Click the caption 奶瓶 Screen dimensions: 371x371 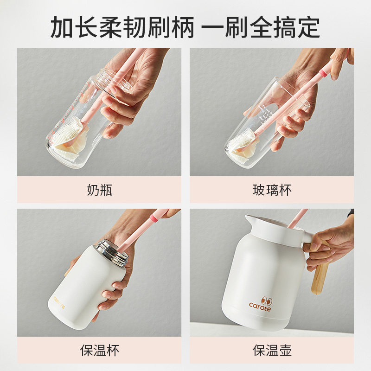coord(100,190)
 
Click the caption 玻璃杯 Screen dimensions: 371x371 coord(272,190)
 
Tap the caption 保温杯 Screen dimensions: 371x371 coord(100,350)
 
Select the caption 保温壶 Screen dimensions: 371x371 coord(272,350)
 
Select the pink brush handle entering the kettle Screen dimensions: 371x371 coord(297,218)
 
